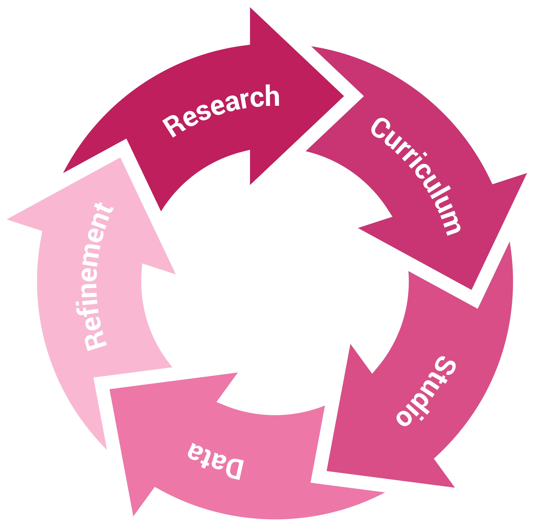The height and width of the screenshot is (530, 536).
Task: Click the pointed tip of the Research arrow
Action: click(x=343, y=96)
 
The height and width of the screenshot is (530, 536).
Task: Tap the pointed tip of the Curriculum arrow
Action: click(x=471, y=290)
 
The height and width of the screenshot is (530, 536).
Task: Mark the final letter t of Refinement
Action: click(x=104, y=208)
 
